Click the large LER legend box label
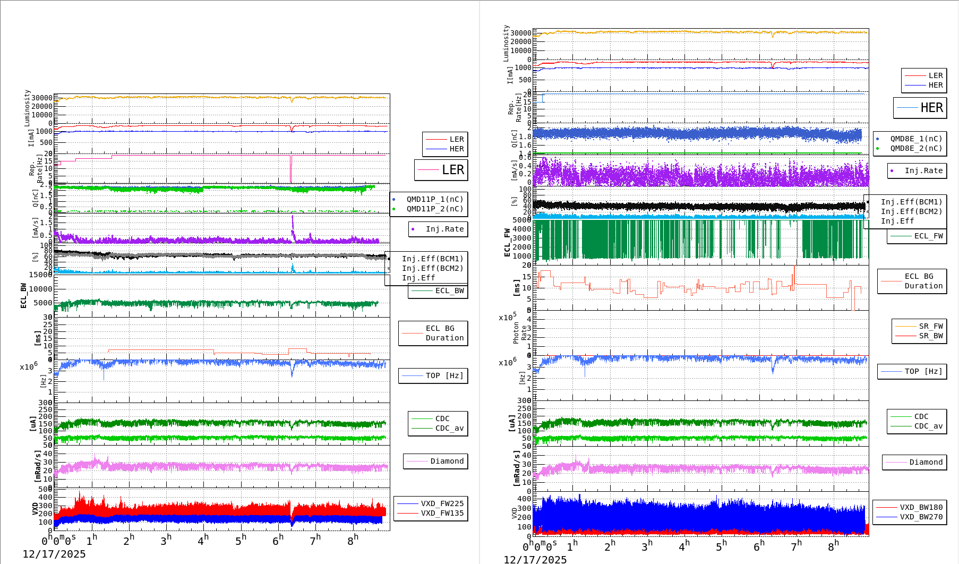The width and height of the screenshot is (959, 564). click(x=452, y=170)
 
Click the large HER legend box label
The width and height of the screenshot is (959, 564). click(x=931, y=108)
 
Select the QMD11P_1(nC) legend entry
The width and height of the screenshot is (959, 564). click(x=434, y=199)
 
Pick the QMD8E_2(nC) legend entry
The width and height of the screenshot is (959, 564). click(x=915, y=148)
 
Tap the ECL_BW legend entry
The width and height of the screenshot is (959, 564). click(x=449, y=290)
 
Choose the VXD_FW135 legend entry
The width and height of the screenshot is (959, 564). click(x=442, y=513)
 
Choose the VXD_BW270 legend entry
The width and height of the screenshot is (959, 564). click(x=921, y=517)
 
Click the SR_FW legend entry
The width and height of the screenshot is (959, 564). click(x=930, y=326)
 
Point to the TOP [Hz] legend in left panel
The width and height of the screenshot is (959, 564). click(x=444, y=375)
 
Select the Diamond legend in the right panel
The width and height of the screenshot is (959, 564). click(x=926, y=462)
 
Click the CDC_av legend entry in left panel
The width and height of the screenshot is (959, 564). click(x=449, y=428)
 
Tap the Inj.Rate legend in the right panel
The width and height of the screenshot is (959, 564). click(x=923, y=170)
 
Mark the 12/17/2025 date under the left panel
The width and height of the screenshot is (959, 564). click(x=54, y=554)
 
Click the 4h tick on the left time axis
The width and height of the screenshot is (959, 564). click(x=203, y=541)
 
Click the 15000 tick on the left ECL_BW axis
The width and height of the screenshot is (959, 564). click(x=40, y=275)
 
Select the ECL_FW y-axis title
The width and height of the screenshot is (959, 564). click(x=507, y=243)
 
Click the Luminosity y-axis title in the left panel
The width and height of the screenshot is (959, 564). click(x=27, y=108)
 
